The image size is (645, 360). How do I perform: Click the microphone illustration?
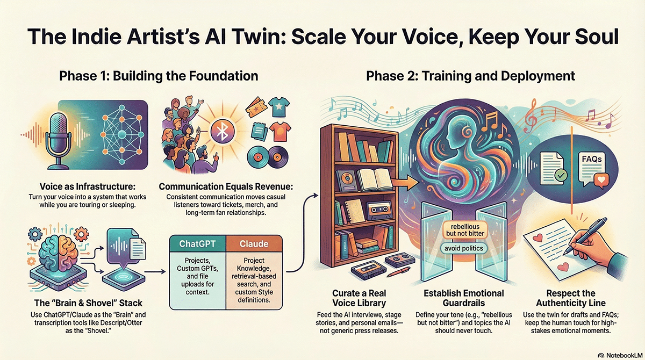point(59,140)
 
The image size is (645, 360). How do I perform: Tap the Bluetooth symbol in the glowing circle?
point(223,132)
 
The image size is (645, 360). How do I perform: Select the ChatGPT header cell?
point(198,244)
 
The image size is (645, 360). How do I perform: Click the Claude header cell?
point(254,244)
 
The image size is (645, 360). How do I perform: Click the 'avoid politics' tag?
point(463,248)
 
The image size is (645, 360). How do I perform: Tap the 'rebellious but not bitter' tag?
point(465,230)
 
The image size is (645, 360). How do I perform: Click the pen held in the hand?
point(585,236)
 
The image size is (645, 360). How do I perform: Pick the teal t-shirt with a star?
point(279,107)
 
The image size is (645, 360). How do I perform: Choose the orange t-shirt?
point(279,131)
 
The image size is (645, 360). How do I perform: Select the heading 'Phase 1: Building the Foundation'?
point(159,76)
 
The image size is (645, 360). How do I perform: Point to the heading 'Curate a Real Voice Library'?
point(359,298)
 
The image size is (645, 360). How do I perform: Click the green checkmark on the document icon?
point(561,175)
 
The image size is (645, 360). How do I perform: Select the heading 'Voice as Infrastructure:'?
point(88,186)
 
